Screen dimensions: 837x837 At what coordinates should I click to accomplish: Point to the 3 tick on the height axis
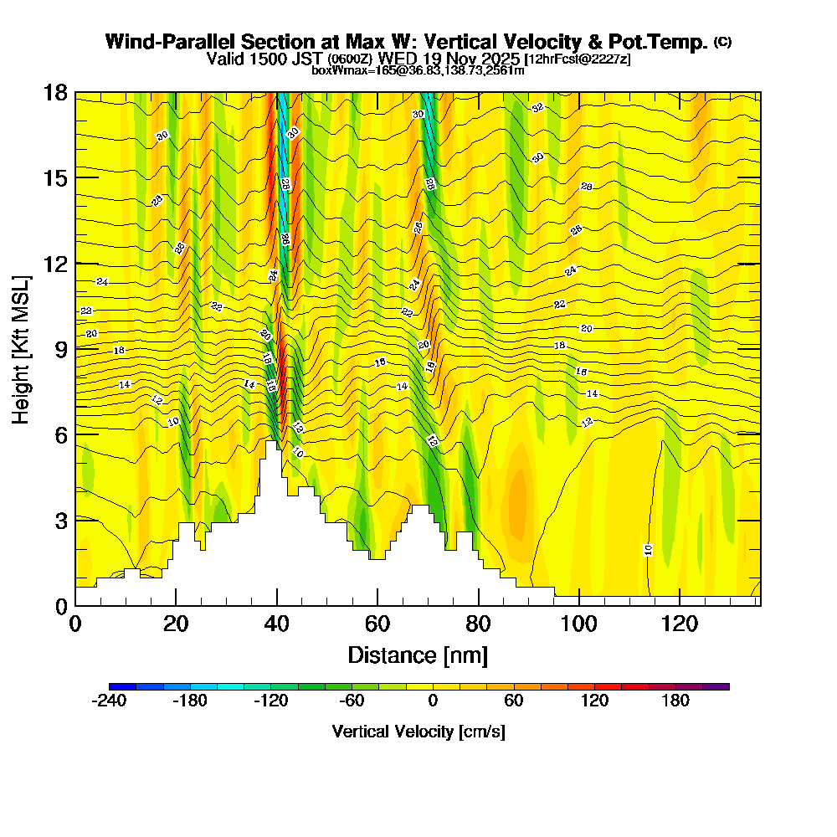click(x=60, y=520)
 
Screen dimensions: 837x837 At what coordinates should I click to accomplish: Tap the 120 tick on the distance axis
click(x=680, y=624)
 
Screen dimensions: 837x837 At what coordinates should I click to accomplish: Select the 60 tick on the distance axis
click(x=377, y=624)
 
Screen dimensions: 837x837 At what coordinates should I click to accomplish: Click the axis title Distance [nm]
click(x=418, y=655)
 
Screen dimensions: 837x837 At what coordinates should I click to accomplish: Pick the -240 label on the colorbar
click(x=108, y=701)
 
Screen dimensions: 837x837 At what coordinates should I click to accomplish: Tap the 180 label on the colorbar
click(x=675, y=701)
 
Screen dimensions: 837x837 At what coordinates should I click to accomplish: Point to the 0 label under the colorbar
click(x=433, y=701)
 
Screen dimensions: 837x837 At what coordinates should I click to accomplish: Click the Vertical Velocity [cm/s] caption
click(x=418, y=732)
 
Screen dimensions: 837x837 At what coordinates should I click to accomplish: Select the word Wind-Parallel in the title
click(x=164, y=42)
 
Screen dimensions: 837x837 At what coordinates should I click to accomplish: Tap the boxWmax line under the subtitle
click(x=418, y=70)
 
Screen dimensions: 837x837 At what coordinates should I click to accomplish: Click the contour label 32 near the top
click(x=537, y=107)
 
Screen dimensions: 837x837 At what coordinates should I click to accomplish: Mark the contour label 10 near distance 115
click(x=648, y=549)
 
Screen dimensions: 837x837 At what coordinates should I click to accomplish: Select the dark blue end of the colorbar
click(x=116, y=686)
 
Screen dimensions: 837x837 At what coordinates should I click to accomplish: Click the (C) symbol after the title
click(x=722, y=41)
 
